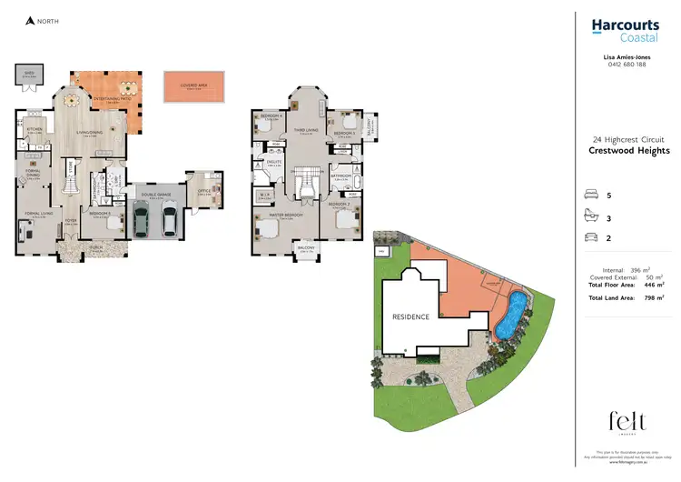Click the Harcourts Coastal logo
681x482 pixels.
click(626, 31)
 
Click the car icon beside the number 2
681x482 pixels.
click(593, 237)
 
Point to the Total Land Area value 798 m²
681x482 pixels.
click(652, 297)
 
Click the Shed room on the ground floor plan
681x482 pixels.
click(28, 76)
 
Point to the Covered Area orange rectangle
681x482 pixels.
click(192, 87)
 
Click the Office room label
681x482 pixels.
click(203, 191)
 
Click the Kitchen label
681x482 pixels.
click(35, 130)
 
